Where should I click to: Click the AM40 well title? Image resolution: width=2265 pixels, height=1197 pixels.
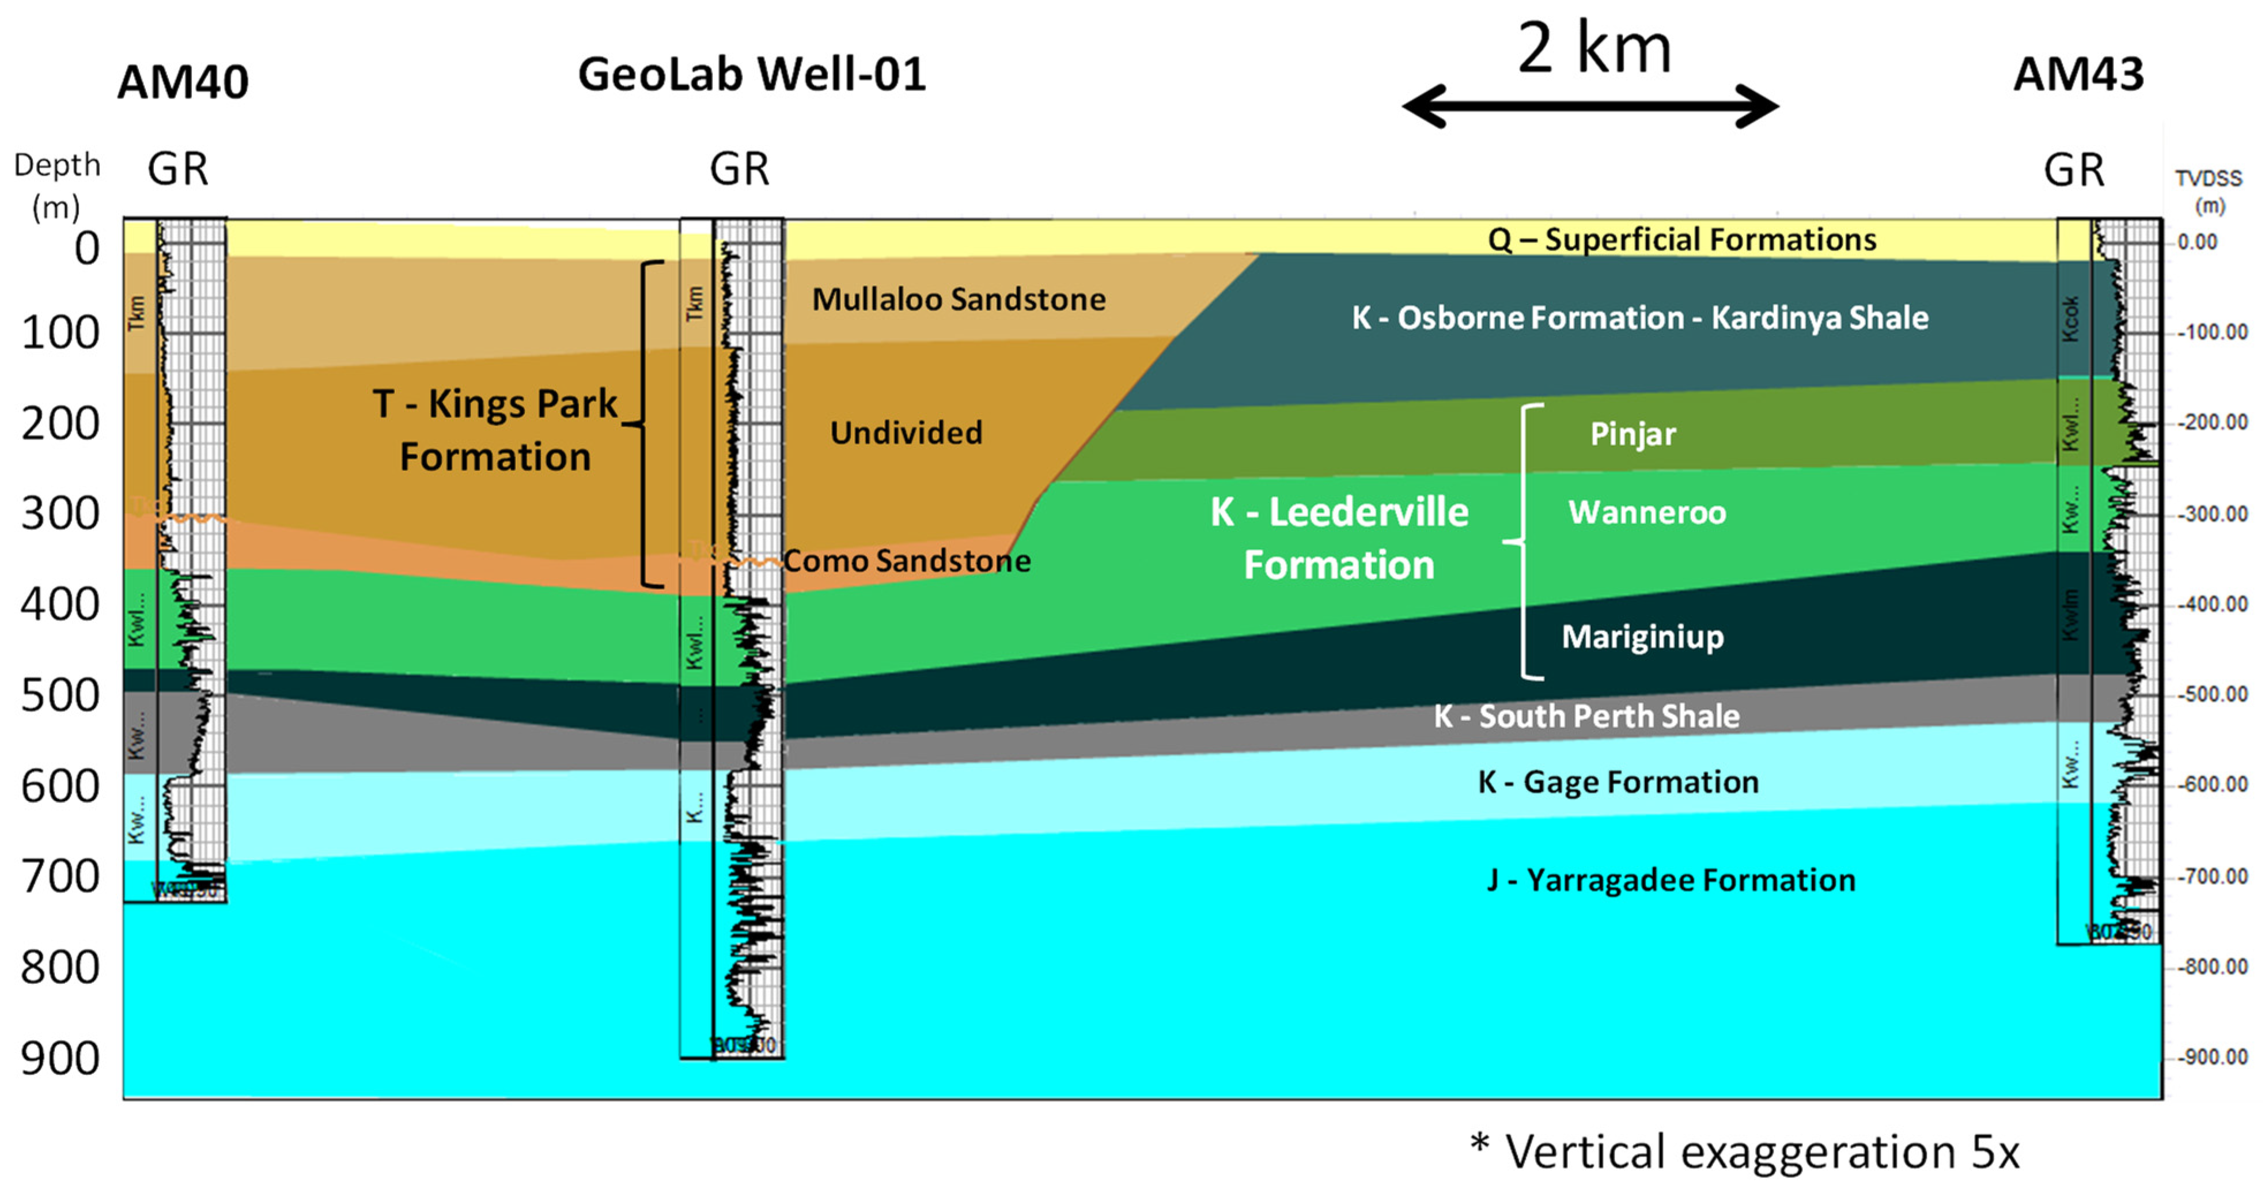click(183, 83)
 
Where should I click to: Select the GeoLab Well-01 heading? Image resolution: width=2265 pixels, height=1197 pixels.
click(752, 74)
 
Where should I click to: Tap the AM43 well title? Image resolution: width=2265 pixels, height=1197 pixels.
click(2078, 74)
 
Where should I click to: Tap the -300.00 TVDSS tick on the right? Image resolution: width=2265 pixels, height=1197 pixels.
click(2212, 514)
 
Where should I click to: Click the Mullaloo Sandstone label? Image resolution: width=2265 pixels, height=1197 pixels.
click(959, 299)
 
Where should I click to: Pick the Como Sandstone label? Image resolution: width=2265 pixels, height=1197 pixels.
click(907, 560)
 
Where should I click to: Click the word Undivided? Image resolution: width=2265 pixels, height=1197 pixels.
click(906, 432)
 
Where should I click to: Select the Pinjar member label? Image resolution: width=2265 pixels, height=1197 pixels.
click(1633, 434)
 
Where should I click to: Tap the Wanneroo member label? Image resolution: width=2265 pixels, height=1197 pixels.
click(1647, 512)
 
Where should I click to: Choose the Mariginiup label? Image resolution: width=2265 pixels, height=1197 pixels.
click(1642, 636)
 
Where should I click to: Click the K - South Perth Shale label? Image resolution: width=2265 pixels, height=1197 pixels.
click(1586, 716)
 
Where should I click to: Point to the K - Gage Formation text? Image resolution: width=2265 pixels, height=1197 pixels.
click(1618, 781)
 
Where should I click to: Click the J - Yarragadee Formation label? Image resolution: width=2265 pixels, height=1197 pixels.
click(1671, 880)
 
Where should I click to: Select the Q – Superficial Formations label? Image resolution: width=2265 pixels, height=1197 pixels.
click(1681, 239)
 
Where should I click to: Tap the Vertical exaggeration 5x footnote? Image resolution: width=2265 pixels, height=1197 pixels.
click(1745, 1151)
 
